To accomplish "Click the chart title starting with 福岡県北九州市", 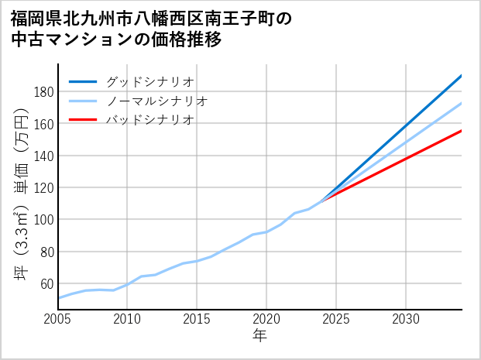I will [152, 28].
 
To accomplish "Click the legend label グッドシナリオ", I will [149, 81].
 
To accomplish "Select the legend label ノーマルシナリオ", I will [156, 101].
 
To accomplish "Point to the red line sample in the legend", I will [83, 120].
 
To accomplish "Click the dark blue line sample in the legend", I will [83, 81].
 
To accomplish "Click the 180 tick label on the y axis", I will [44, 92].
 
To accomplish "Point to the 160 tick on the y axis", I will [44, 124].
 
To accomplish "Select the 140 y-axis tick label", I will [44, 156].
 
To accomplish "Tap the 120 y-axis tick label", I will [44, 188].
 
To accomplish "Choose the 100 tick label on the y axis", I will [44, 220].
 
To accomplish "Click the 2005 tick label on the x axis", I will [58, 319].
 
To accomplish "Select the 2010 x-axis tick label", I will [128, 319].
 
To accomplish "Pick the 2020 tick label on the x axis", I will [266, 319].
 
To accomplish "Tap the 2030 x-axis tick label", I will [406, 319].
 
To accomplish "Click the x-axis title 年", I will [259, 336].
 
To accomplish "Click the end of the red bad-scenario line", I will [461, 131].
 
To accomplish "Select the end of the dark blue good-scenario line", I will [461, 76].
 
